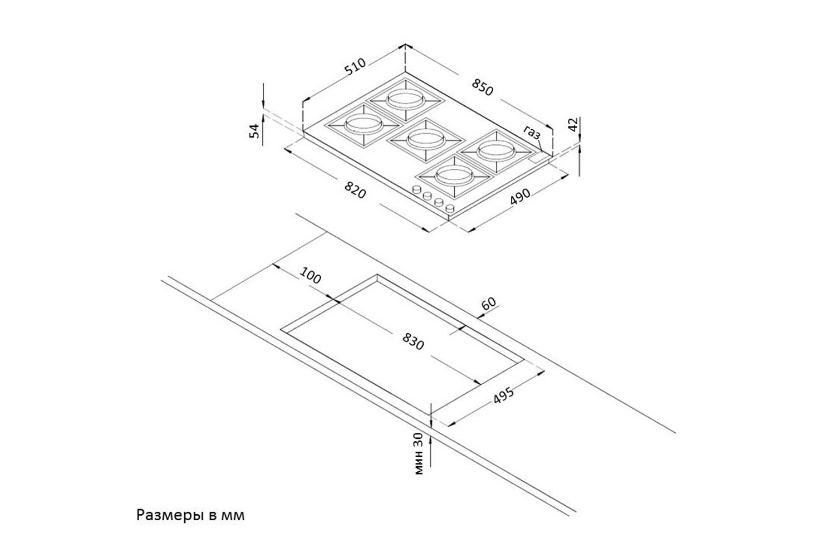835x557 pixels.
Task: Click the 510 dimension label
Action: pyautogui.click(x=355, y=67)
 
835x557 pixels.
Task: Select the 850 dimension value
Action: pyautogui.click(x=483, y=87)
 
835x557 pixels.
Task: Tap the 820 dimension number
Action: pyautogui.click(x=355, y=189)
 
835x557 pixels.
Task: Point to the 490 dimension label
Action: pyautogui.click(x=519, y=197)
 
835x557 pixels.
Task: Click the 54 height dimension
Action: pyautogui.click(x=254, y=130)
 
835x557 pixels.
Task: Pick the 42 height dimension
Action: pyautogui.click(x=573, y=124)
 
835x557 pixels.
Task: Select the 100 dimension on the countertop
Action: pyautogui.click(x=310, y=275)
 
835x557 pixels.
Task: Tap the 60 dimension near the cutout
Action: pyautogui.click(x=489, y=304)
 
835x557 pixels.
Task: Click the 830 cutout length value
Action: pyautogui.click(x=414, y=341)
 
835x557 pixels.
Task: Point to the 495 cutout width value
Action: pyautogui.click(x=503, y=395)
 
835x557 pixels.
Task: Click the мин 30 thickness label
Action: pyautogui.click(x=419, y=453)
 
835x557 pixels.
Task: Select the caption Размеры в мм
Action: pyautogui.click(x=190, y=515)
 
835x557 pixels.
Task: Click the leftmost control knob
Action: pyautogui.click(x=416, y=189)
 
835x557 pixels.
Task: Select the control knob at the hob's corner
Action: pyautogui.click(x=450, y=208)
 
